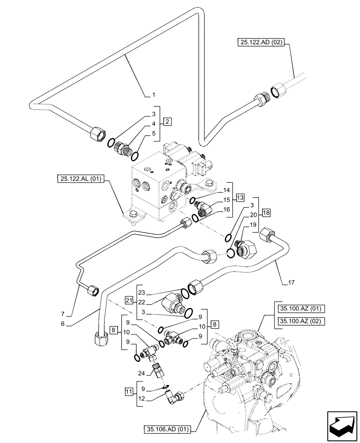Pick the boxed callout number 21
129,301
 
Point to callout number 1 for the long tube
153,95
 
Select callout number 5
153,133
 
